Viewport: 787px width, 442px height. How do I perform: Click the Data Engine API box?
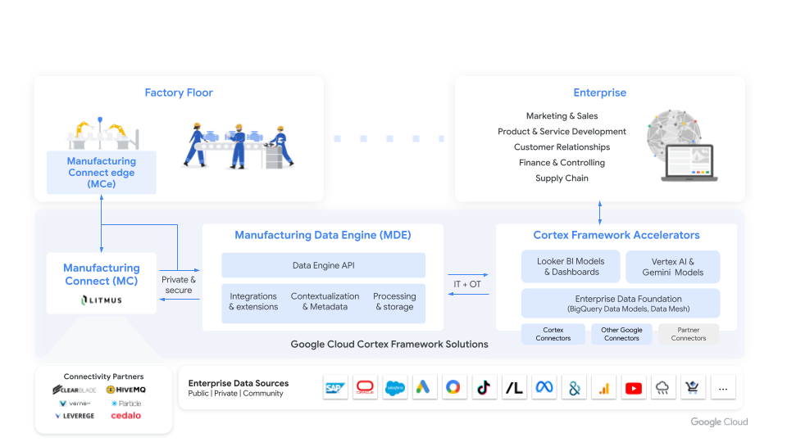pyautogui.click(x=323, y=265)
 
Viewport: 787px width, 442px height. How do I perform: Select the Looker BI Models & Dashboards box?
pyautogui.click(x=571, y=267)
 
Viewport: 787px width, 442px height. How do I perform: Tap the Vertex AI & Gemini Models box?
pyautogui.click(x=673, y=267)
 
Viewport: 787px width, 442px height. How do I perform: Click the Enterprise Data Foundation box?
pyautogui.click(x=621, y=304)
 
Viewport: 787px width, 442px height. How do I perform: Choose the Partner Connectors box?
pyautogui.click(x=688, y=334)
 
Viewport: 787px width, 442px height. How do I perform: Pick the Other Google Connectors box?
pyautogui.click(x=621, y=334)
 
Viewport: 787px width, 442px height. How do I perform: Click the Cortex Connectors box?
pyautogui.click(x=553, y=334)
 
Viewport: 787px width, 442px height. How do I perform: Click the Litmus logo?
pyautogui.click(x=102, y=300)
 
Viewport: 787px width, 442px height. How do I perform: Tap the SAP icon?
pyautogui.click(x=336, y=388)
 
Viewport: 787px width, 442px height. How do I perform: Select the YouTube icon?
pyautogui.click(x=634, y=388)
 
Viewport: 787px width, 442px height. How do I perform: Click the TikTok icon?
pyautogui.click(x=484, y=388)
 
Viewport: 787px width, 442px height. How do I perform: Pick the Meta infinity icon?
pyautogui.click(x=544, y=388)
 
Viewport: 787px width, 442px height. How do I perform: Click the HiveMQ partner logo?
pyautogui.click(x=126, y=390)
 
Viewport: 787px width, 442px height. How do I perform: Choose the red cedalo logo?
pyautogui.click(x=125, y=416)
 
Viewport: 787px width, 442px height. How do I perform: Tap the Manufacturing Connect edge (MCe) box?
pyautogui.click(x=101, y=173)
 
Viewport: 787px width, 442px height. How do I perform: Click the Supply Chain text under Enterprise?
pyautogui.click(x=562, y=178)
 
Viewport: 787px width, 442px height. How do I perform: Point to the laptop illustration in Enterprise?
pyautogui.click(x=690, y=162)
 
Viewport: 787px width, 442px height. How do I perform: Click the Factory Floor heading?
pyautogui.click(x=179, y=92)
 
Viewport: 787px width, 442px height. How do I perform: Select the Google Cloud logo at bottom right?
pyautogui.click(x=719, y=422)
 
